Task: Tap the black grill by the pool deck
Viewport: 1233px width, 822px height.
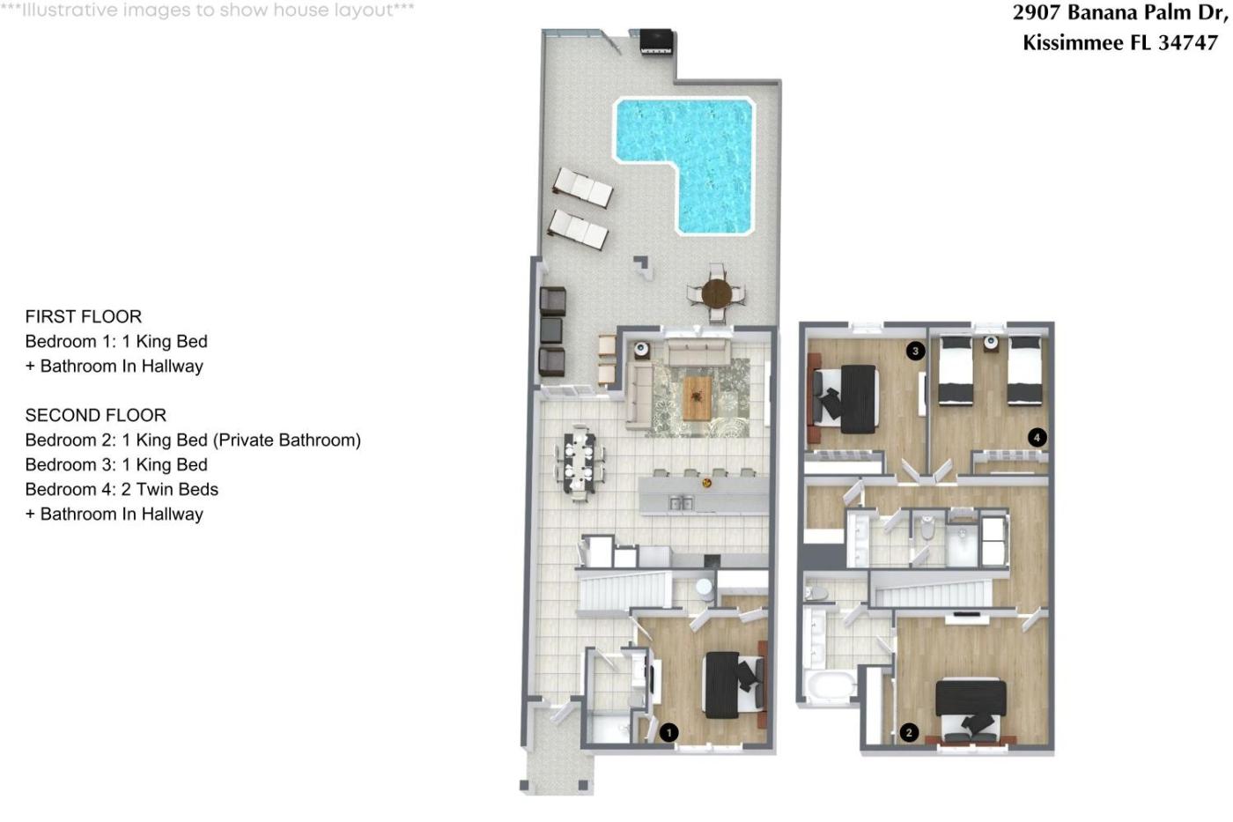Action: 657,41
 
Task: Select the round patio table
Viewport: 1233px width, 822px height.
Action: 716,293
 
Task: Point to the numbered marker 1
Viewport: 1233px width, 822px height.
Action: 668,733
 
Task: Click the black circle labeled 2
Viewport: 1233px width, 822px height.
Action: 909,733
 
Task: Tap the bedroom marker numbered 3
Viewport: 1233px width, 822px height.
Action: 915,351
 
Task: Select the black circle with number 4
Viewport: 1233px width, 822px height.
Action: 1037,438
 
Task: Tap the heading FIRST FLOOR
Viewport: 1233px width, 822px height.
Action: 83,316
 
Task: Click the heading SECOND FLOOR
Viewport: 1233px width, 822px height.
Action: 96,415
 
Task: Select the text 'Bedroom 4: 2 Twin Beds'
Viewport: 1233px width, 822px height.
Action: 122,489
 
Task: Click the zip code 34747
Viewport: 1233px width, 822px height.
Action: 1187,42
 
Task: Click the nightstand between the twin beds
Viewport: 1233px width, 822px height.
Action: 991,344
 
